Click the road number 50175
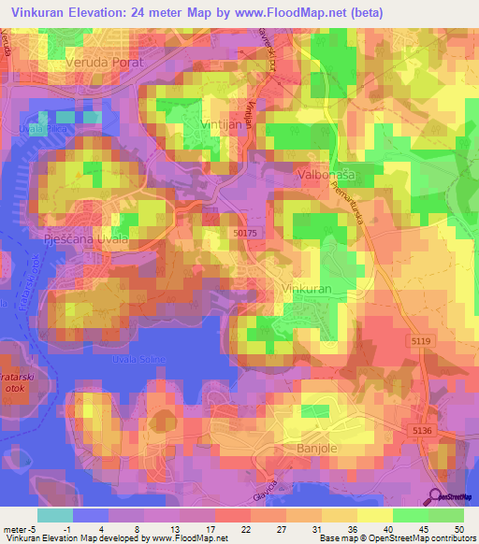point(245,233)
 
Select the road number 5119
point(421,341)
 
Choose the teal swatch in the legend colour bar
point(54,515)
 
